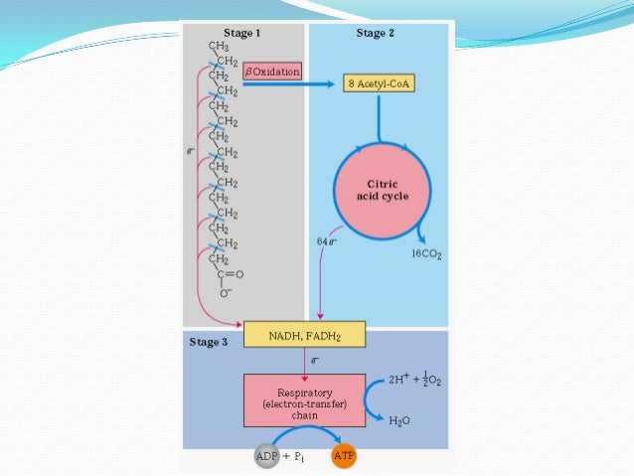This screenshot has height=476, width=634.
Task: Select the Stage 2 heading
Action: tap(376, 33)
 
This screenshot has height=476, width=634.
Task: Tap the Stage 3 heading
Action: tap(209, 342)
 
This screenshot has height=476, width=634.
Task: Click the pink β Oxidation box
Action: tap(271, 72)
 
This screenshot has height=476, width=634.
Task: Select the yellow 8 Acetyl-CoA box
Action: tap(379, 84)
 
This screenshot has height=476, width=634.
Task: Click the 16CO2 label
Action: tap(426, 254)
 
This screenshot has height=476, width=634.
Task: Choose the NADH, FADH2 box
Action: tap(304, 334)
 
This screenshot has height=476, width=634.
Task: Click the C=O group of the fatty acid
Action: tap(229, 273)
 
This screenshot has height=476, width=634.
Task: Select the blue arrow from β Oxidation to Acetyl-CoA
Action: tap(292, 84)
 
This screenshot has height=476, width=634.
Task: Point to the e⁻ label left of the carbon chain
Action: tap(191, 152)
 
